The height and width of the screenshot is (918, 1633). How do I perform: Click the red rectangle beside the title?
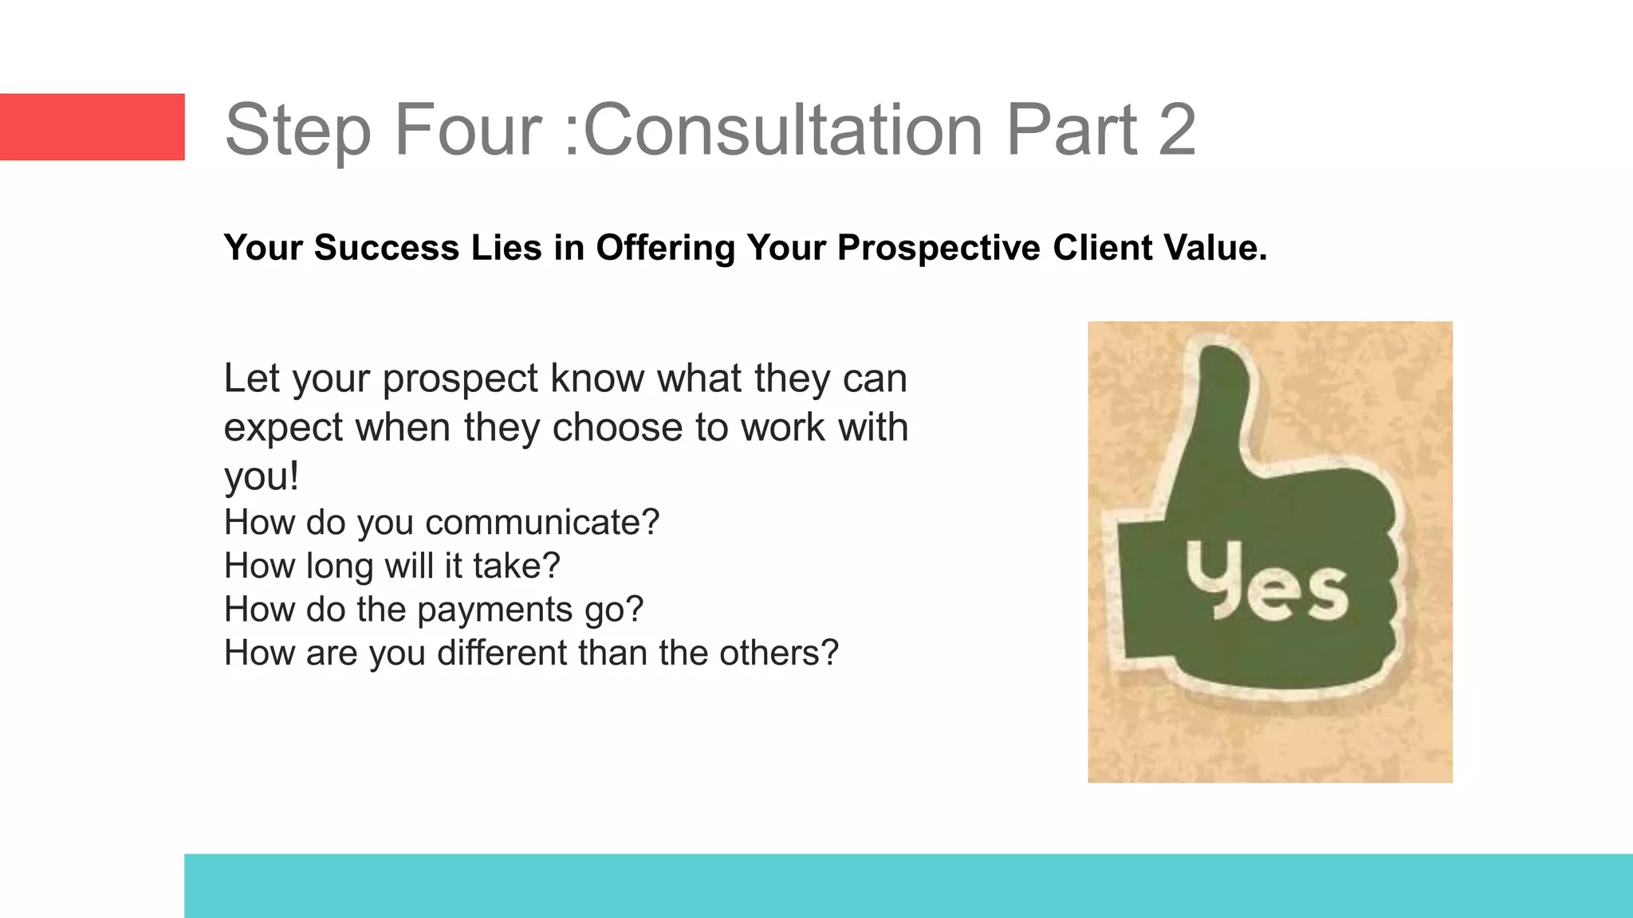point(92,127)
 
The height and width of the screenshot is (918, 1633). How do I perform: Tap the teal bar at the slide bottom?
point(908,885)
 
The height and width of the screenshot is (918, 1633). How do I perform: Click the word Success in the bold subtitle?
point(387,248)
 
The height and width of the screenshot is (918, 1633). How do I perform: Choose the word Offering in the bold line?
point(665,248)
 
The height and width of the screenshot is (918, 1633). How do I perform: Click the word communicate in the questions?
point(542,523)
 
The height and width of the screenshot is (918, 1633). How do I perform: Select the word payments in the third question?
point(495,610)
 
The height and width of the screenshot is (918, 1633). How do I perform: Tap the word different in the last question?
point(502,653)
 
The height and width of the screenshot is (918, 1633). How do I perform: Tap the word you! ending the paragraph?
point(262,477)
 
